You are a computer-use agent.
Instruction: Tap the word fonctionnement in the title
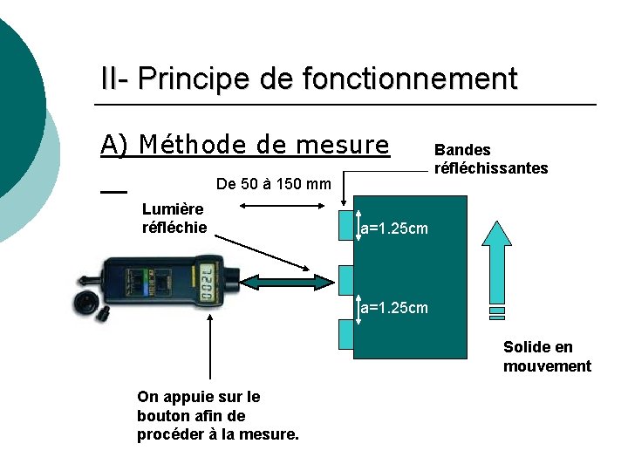point(409,79)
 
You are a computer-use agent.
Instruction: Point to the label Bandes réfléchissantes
point(490,159)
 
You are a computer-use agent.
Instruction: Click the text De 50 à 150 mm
point(272,184)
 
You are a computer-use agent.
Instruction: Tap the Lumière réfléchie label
point(174,218)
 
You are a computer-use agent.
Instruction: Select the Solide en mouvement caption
point(547,357)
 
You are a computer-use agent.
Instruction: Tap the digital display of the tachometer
point(208,283)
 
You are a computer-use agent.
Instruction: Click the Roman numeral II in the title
point(112,79)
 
